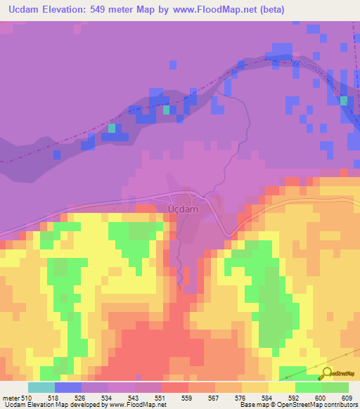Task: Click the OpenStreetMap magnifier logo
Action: tap(326, 372)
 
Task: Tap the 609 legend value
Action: tap(347, 398)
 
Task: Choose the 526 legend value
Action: tap(81, 398)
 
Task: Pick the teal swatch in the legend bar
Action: tap(41, 387)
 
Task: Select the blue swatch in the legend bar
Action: tap(68, 387)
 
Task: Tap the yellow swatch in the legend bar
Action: tap(281, 387)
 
